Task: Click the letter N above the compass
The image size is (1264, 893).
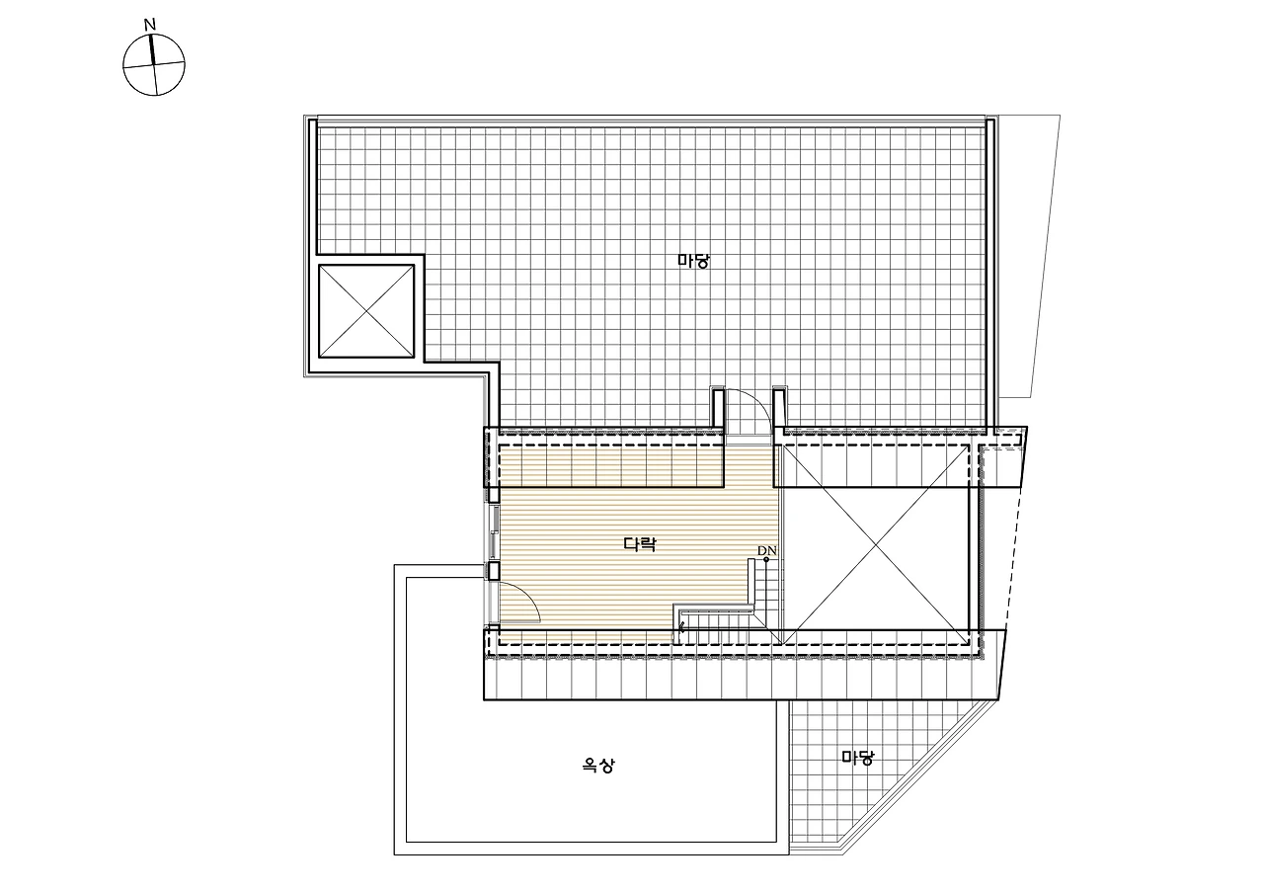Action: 149,25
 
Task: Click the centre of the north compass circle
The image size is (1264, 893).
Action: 153,65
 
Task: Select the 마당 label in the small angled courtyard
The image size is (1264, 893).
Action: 857,757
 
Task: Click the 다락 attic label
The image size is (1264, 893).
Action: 640,544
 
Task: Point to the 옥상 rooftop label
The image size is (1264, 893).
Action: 598,766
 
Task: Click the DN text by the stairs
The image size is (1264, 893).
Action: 767,550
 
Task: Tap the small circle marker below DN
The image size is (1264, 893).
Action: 766,559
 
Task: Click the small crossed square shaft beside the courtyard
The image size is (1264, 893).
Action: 366,311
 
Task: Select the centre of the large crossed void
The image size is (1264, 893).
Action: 874,543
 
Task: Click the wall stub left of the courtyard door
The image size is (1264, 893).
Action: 717,409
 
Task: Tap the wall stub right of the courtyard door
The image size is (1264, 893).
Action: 779,409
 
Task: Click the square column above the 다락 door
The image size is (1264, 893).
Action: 493,571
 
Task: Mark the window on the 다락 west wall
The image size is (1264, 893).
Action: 493,530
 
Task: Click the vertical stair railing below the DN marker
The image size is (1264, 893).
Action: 751,583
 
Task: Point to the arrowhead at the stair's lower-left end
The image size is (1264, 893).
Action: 682,625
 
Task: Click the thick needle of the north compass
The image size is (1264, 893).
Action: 152,49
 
